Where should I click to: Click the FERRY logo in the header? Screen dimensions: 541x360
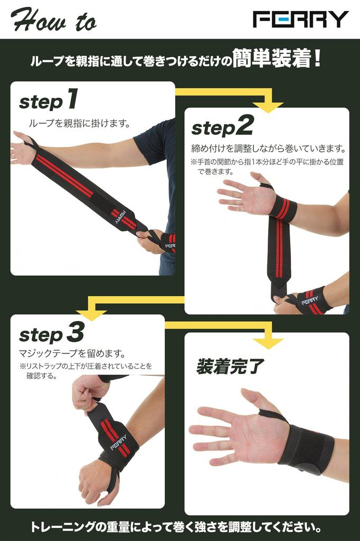[301, 19]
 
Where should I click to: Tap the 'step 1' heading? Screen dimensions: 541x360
[49, 100]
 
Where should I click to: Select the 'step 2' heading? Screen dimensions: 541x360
[222, 126]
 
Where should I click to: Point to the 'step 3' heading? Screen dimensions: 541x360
[51, 333]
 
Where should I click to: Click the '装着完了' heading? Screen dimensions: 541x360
[229, 366]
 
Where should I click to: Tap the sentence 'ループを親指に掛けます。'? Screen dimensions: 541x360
[79, 123]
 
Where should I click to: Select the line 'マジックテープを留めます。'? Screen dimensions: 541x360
[72, 353]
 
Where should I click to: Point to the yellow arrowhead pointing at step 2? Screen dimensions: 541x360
[270, 106]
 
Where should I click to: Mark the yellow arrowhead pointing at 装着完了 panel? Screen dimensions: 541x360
[270, 343]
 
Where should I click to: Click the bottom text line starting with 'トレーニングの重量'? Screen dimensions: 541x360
[179, 527]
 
